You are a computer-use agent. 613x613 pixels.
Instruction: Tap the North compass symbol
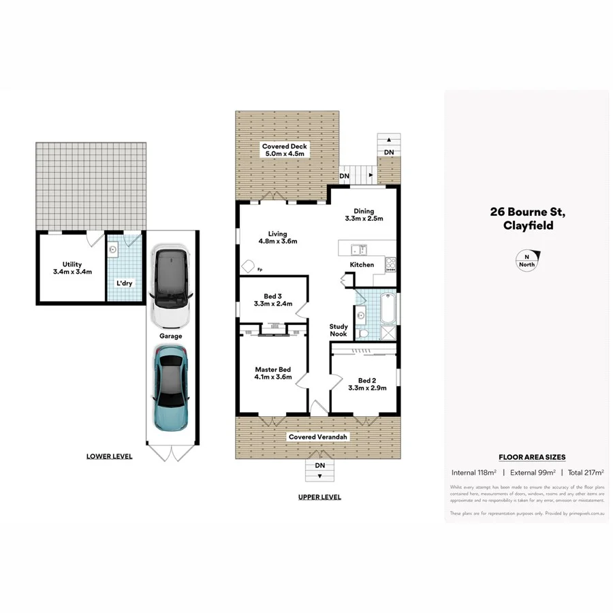click(x=526, y=261)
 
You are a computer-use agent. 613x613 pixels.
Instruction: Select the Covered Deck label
click(x=285, y=146)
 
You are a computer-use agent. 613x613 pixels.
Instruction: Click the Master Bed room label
click(x=272, y=369)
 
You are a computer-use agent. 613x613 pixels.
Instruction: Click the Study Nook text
click(x=339, y=330)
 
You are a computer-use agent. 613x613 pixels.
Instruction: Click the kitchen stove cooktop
click(x=391, y=264)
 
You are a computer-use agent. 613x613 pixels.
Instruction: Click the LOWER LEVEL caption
click(x=110, y=456)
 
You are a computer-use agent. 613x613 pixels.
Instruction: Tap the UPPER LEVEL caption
click(x=319, y=497)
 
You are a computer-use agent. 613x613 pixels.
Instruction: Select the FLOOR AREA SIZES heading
click(x=532, y=457)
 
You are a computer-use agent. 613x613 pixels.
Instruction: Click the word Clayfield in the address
click(x=528, y=225)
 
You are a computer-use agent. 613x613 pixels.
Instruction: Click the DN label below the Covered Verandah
click(x=319, y=465)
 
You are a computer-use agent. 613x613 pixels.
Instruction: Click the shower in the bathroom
click(x=388, y=333)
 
